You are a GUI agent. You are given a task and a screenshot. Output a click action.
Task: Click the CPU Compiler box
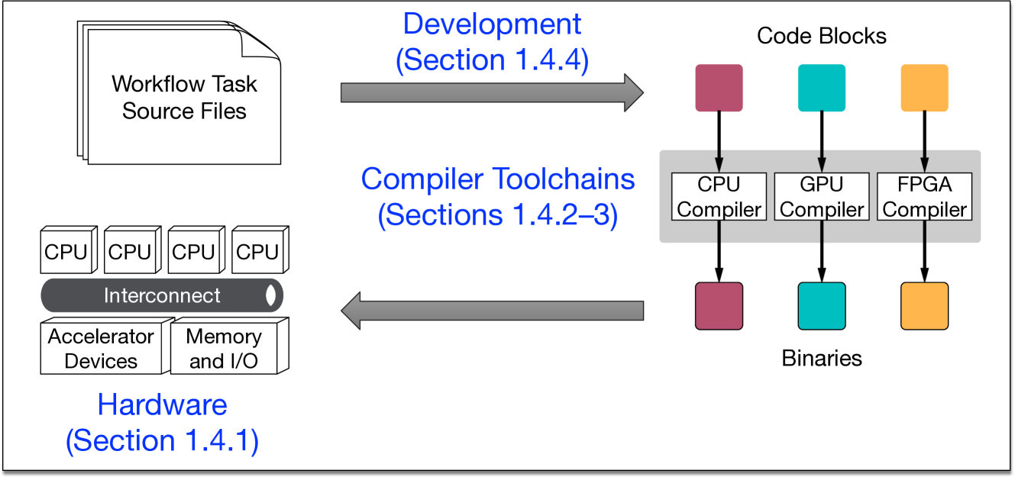click(718, 197)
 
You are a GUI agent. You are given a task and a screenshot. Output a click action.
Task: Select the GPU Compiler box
click(822, 197)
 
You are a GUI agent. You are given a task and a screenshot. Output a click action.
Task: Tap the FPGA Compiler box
click(925, 197)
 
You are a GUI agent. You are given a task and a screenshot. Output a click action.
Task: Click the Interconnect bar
click(161, 295)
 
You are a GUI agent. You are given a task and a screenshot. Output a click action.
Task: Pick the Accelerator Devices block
click(101, 349)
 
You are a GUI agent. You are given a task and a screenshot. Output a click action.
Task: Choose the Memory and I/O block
click(223, 349)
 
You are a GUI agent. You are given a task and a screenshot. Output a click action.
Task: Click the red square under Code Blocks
click(719, 88)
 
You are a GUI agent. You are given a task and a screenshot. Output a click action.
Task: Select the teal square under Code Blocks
click(822, 88)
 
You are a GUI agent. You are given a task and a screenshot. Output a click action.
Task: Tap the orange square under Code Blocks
click(925, 88)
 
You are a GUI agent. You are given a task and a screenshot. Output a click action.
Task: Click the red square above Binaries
click(719, 306)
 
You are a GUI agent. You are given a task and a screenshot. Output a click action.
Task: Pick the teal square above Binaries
click(822, 306)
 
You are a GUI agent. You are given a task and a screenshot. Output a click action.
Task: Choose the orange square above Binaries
click(925, 306)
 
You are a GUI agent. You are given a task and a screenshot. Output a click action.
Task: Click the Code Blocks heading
click(822, 36)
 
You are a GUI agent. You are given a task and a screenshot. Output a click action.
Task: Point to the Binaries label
click(822, 358)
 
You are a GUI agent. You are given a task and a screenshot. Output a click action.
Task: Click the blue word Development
click(492, 24)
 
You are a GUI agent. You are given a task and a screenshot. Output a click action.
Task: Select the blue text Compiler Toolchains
click(498, 179)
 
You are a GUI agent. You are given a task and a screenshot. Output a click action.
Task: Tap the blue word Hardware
click(162, 404)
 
